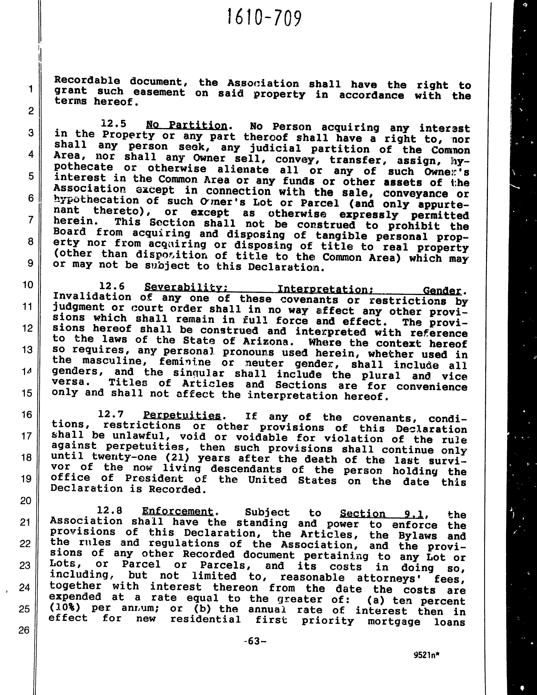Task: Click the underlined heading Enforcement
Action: pos(178,511)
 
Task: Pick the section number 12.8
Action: pos(110,511)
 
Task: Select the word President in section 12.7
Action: pos(154,479)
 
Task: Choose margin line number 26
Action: pos(24,630)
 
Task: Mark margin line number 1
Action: pos(31,89)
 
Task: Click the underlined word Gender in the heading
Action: pos(442,290)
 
